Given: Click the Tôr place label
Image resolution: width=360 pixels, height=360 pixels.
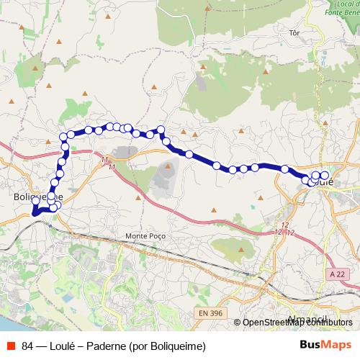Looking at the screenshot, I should (292, 33).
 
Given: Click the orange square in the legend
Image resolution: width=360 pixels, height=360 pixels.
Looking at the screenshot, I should (10, 345).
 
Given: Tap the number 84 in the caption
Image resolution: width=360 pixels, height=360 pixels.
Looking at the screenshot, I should (28, 345).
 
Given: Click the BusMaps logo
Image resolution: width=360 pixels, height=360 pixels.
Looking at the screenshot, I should (325, 344).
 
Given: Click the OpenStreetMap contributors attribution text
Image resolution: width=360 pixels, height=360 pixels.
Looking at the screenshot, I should (297, 323).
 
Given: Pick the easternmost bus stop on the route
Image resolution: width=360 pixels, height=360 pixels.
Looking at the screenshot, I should (325, 176).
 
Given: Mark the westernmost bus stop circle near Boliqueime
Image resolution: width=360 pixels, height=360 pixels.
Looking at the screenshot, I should (34, 210).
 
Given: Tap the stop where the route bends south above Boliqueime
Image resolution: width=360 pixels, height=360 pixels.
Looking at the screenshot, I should (63, 136).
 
